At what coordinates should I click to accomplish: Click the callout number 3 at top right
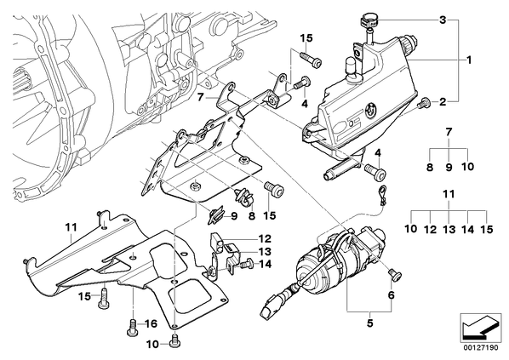point(443,20)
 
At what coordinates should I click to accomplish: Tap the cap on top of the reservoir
point(370,21)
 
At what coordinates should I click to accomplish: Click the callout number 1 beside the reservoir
point(469,60)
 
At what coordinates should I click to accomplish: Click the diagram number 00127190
point(480,348)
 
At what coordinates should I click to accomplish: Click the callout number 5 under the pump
point(369,323)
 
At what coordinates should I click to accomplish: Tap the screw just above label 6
point(396,275)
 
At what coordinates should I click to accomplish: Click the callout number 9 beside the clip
point(234,216)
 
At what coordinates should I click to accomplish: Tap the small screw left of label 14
point(248,264)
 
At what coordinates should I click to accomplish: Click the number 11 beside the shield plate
point(71,227)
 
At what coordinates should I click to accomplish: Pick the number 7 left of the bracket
point(200,97)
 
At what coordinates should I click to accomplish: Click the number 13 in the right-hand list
point(449,230)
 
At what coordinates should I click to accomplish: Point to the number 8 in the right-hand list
point(430,167)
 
